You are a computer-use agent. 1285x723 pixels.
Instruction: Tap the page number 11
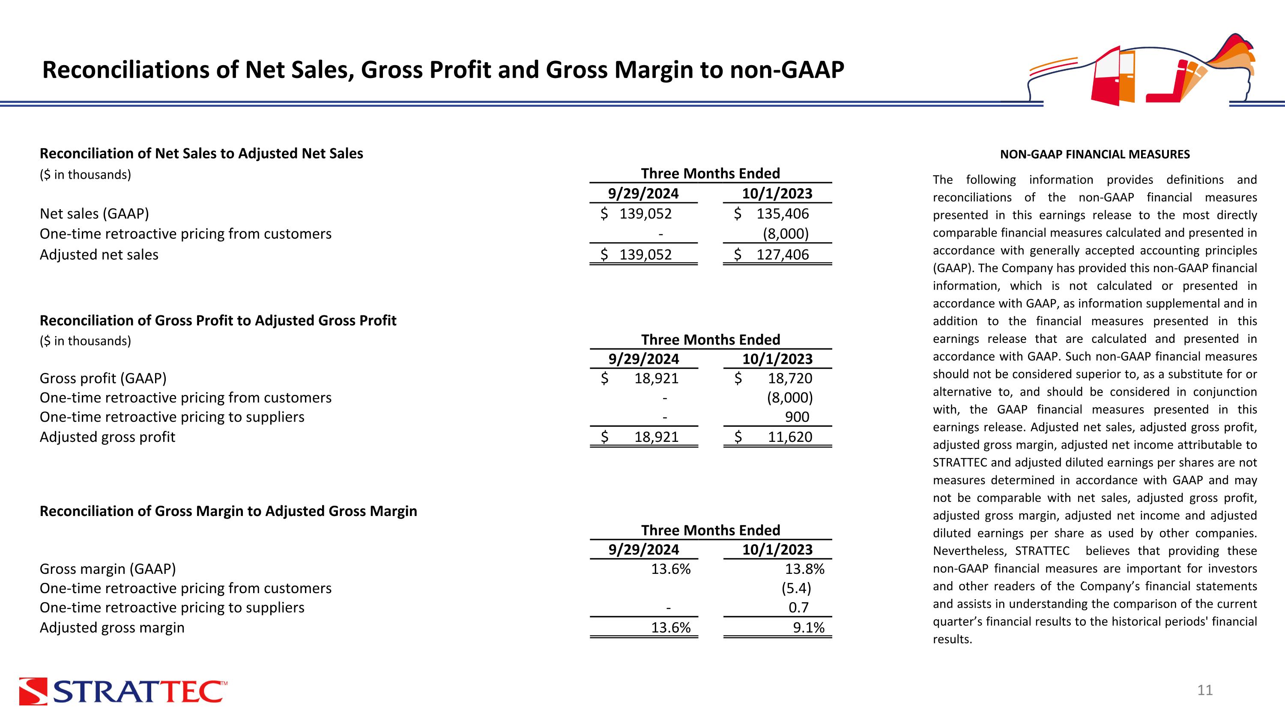tap(1204, 690)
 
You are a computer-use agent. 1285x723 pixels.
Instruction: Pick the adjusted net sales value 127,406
tap(782, 255)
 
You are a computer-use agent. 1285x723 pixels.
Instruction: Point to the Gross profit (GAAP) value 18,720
tap(790, 379)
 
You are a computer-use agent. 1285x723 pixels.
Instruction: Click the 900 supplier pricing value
tap(797, 417)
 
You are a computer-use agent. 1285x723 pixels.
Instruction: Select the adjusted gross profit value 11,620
tap(790, 437)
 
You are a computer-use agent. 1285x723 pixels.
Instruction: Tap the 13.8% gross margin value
tap(804, 569)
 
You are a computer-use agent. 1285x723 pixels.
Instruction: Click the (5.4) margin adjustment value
tap(796, 589)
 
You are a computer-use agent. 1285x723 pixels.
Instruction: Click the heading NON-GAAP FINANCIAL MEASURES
tap(1094, 155)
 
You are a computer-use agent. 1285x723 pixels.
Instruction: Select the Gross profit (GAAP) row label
tap(103, 379)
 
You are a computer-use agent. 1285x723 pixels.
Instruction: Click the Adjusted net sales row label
tap(99, 255)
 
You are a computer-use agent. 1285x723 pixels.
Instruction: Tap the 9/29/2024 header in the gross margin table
tap(643, 550)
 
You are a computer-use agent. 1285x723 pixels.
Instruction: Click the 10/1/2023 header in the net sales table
tap(777, 194)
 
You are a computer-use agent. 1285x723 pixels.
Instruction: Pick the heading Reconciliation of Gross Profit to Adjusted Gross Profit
tap(218, 320)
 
